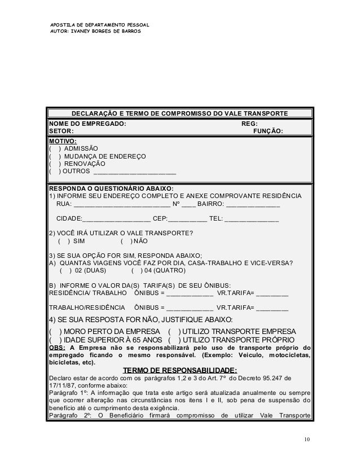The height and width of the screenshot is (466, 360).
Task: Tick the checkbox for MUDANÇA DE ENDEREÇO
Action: tap(54, 157)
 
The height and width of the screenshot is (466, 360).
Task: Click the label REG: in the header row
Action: tap(249, 124)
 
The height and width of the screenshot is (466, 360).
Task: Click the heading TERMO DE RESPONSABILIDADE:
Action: tap(179, 370)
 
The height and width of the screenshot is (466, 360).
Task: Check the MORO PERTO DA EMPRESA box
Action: tap(56, 331)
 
